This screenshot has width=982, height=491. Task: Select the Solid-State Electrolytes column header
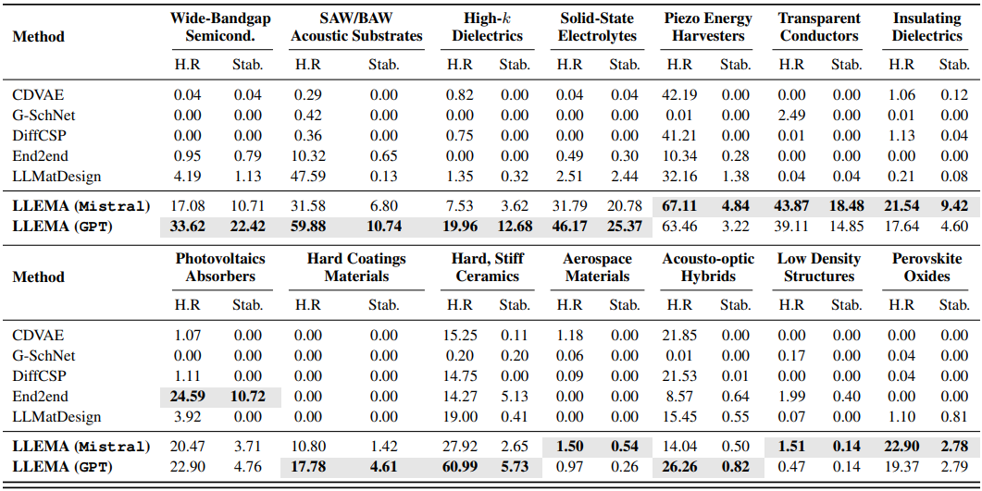click(598, 27)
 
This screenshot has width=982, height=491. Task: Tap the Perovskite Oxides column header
click(926, 267)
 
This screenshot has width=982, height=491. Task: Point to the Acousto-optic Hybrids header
click(708, 267)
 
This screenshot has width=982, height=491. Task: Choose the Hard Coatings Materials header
click(356, 267)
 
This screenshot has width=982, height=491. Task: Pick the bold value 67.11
click(679, 205)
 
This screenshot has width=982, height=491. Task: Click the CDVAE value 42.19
click(679, 94)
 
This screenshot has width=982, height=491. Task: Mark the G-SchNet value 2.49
click(791, 115)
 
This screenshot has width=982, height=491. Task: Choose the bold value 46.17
click(569, 227)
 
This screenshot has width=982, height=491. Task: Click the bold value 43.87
click(791, 205)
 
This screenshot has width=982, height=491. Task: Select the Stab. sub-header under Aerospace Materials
click(625, 304)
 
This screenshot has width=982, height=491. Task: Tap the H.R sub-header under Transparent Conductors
click(791, 64)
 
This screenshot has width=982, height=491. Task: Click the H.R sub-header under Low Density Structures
click(791, 304)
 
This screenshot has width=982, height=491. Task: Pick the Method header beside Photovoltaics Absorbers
click(38, 276)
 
